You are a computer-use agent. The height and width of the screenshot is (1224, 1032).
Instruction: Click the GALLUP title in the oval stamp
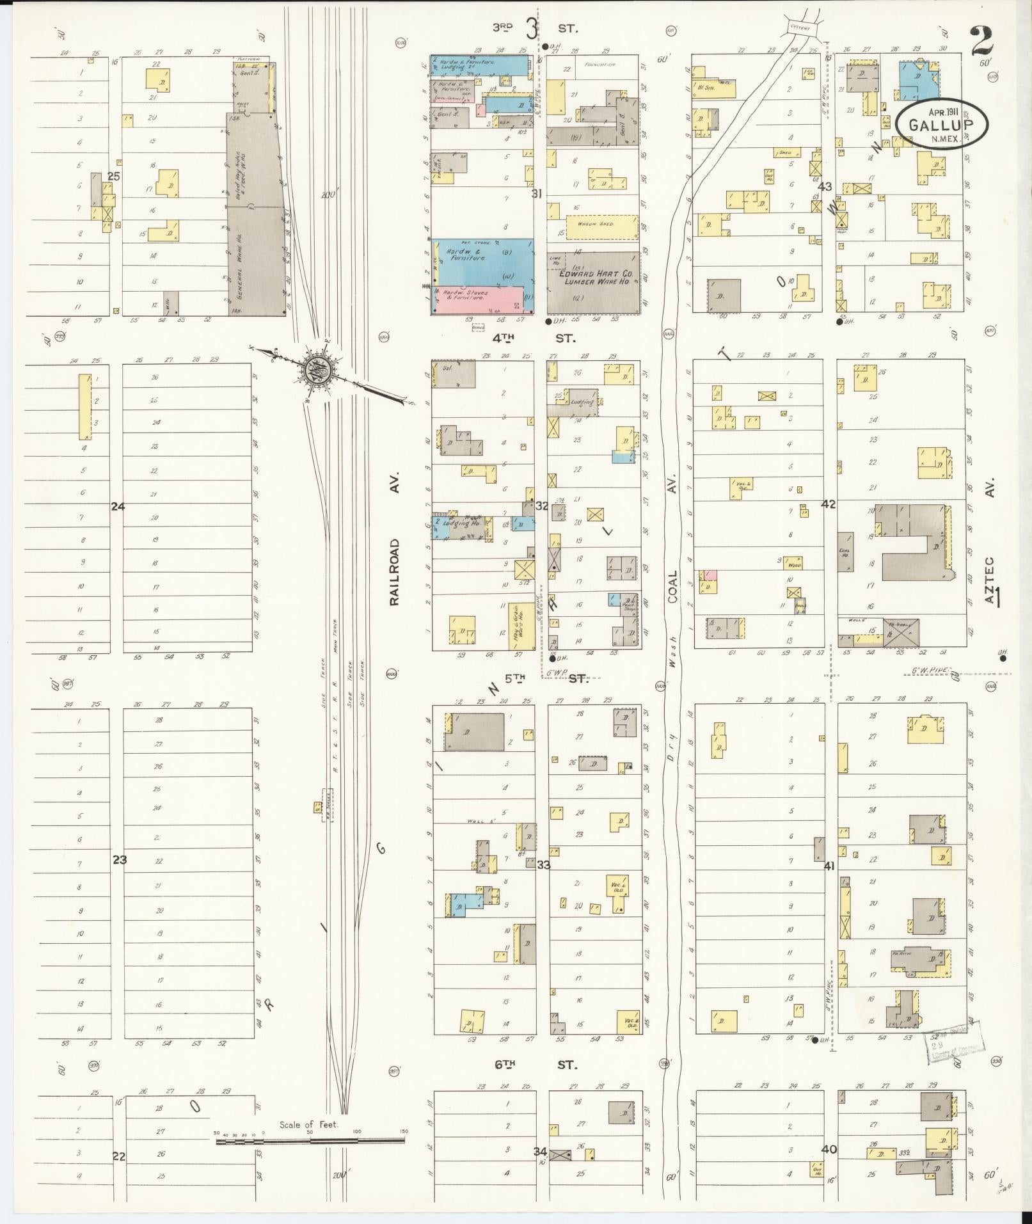939,125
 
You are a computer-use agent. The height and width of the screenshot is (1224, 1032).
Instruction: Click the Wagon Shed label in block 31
596,224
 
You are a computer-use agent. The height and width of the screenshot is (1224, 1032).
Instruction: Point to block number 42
829,504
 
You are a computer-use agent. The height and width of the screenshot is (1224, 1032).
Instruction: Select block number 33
543,865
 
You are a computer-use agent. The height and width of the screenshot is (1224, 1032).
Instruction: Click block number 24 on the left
118,506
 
